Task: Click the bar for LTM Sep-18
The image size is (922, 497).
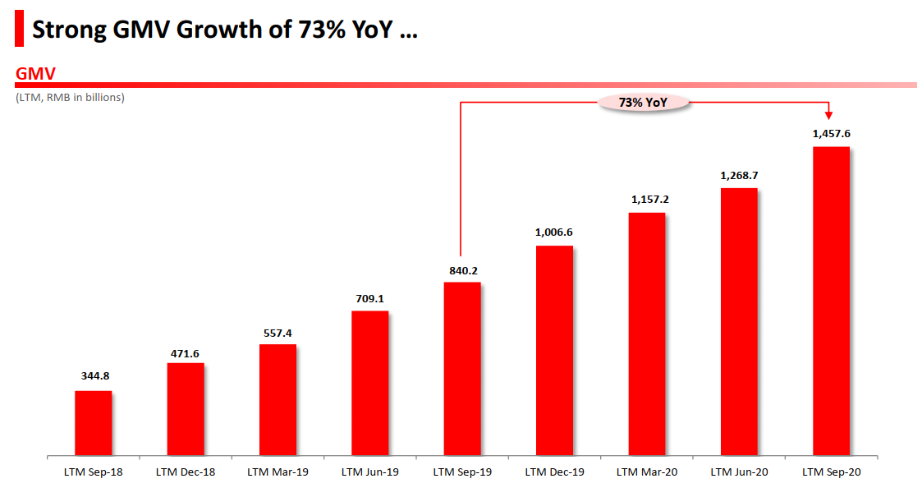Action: (x=93, y=422)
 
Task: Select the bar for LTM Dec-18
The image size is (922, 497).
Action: (x=186, y=408)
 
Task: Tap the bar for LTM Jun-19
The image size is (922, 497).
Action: (x=369, y=382)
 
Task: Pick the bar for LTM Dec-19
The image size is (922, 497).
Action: (x=554, y=349)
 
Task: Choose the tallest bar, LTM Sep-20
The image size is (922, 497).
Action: (x=831, y=300)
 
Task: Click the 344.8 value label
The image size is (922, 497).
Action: (x=93, y=376)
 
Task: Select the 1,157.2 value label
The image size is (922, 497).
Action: (x=647, y=199)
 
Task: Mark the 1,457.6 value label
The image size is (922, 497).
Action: (x=831, y=133)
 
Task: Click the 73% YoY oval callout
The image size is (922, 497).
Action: (x=644, y=103)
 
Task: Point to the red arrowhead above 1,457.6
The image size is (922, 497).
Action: (x=829, y=115)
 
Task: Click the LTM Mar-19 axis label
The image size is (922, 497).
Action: (x=278, y=472)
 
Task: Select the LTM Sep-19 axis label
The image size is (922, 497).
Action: (x=462, y=472)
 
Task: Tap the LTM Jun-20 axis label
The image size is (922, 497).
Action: (x=739, y=472)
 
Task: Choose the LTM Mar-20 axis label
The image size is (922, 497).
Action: (x=647, y=472)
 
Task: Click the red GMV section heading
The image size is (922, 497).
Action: (x=35, y=74)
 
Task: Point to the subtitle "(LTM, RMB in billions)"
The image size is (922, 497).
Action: (x=70, y=97)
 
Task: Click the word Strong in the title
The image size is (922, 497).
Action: (x=68, y=31)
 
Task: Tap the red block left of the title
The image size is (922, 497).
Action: (x=19, y=31)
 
